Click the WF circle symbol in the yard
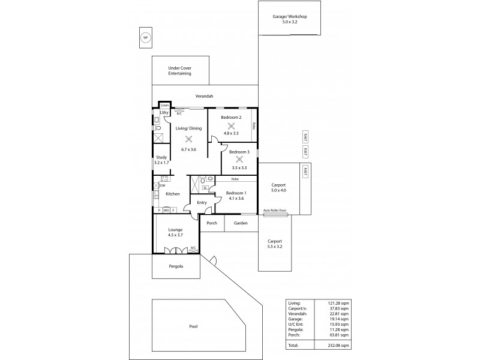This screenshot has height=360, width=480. pos(144,38)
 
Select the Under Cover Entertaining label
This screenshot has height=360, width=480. pos(179,71)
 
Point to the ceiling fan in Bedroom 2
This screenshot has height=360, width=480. pos(231,125)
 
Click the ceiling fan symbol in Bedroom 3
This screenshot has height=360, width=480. pos(239,160)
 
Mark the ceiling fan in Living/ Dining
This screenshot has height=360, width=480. pos(188,139)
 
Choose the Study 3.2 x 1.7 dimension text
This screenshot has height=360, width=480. pos(161,163)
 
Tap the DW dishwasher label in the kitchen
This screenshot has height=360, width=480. pos(162,185)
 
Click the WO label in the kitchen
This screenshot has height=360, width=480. pos(166,210)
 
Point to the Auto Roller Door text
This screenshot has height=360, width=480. pos(275,211)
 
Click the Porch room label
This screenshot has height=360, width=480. pos(212,223)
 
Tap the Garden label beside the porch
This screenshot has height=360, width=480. pos(241,223)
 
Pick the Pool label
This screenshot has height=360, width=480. pos(193,326)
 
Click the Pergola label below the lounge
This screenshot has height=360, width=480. pos(176,266)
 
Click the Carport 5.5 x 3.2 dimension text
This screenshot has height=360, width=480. pos(275,246)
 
